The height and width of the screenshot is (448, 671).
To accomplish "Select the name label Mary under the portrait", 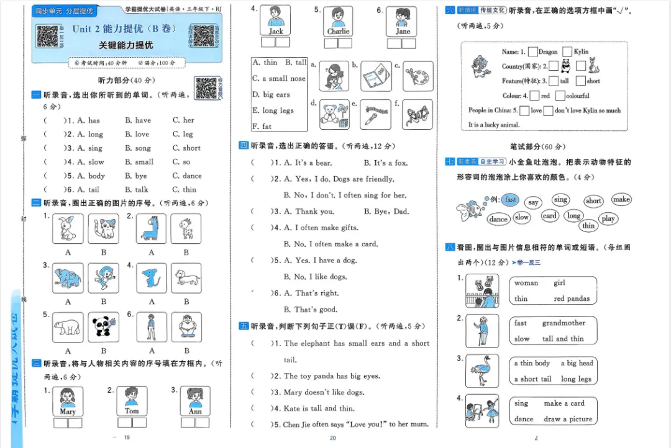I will coord(68,411).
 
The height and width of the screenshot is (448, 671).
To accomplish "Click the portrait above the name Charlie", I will coord(338,17).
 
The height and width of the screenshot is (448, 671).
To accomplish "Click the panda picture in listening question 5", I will coord(103,327).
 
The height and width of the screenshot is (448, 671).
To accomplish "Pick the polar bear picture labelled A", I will coord(68,327).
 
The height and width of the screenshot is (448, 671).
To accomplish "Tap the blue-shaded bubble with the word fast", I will coord(511,200).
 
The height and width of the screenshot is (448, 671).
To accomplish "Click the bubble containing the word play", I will coord(608,218).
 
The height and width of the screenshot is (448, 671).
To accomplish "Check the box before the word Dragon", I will coord(532,52).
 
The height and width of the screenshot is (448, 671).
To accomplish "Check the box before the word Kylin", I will coord(567,52).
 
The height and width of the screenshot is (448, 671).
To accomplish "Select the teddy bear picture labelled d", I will coord(334,115).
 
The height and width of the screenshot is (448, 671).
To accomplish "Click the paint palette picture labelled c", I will coord(418,76).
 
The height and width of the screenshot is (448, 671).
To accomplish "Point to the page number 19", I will coord(127,438).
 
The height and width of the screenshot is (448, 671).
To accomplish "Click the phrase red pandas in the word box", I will coord(572,298).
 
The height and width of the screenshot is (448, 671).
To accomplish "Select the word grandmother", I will coord(564,323).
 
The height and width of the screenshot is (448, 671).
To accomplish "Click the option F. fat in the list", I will coord(262,126).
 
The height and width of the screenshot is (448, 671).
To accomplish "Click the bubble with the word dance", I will coord(498,219).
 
